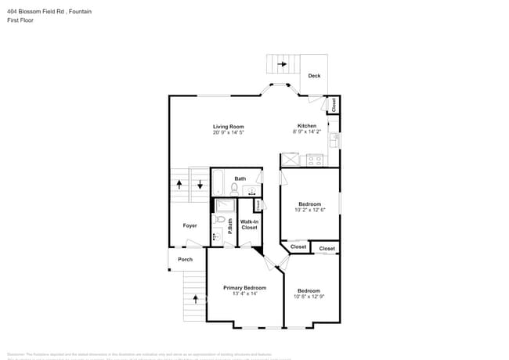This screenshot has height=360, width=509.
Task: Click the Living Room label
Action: click(x=229, y=127)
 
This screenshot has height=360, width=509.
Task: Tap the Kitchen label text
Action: click(x=306, y=127)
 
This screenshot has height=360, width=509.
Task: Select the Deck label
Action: click(x=314, y=76)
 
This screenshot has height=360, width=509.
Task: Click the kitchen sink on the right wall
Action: click(x=334, y=141)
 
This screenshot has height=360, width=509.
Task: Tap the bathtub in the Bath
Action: click(x=218, y=183)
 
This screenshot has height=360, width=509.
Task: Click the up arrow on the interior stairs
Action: click(x=179, y=185)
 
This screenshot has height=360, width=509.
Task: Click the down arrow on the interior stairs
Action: click(x=199, y=185)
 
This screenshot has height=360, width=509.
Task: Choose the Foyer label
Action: click(x=190, y=225)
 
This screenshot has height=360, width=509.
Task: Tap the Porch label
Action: click(x=185, y=259)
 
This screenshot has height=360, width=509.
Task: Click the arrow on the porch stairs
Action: click(x=195, y=298)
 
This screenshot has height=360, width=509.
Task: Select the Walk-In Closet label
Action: click(x=249, y=225)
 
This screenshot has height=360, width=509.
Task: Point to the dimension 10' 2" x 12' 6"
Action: click(x=309, y=210)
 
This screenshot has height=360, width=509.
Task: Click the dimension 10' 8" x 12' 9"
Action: click(x=309, y=297)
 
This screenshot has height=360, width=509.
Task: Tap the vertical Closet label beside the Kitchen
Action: click(x=333, y=104)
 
